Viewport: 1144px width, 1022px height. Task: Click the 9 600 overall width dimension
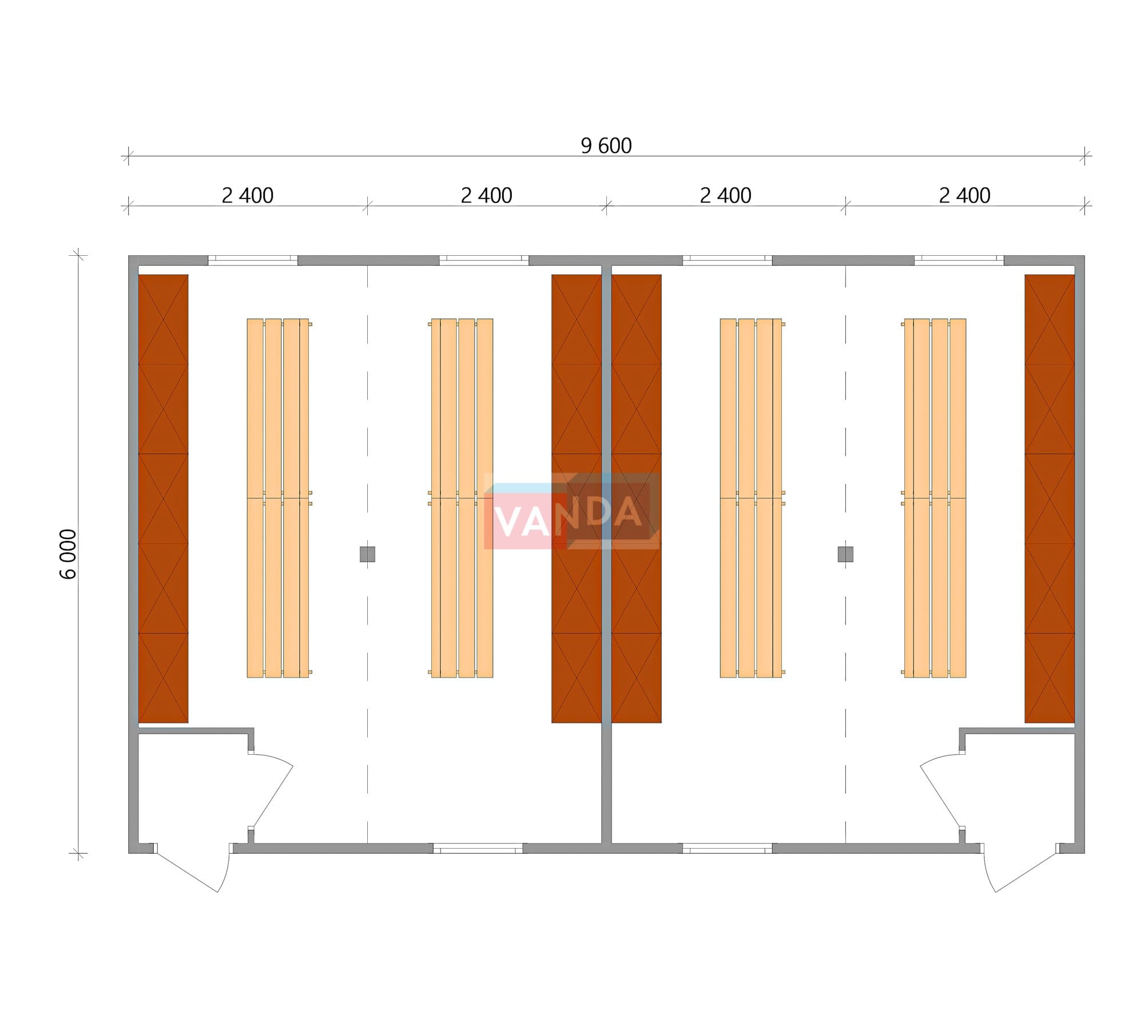606,146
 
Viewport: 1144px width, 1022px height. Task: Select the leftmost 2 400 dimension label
248,196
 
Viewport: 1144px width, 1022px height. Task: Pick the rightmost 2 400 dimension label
965,196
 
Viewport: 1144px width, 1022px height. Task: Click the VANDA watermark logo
571,511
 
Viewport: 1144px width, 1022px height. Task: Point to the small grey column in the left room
367,554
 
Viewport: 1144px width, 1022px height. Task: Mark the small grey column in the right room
845,554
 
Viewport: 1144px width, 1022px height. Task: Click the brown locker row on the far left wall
163,498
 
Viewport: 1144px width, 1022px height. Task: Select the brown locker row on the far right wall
1050,498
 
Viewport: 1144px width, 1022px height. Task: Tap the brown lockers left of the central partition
576,498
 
